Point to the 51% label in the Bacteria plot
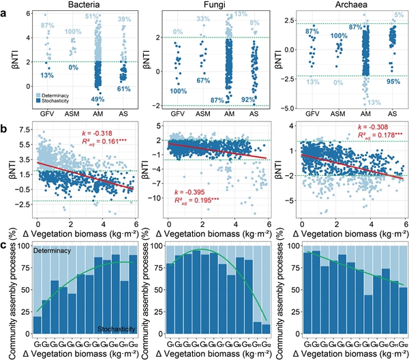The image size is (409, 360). pyautogui.click(x=91, y=16)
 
